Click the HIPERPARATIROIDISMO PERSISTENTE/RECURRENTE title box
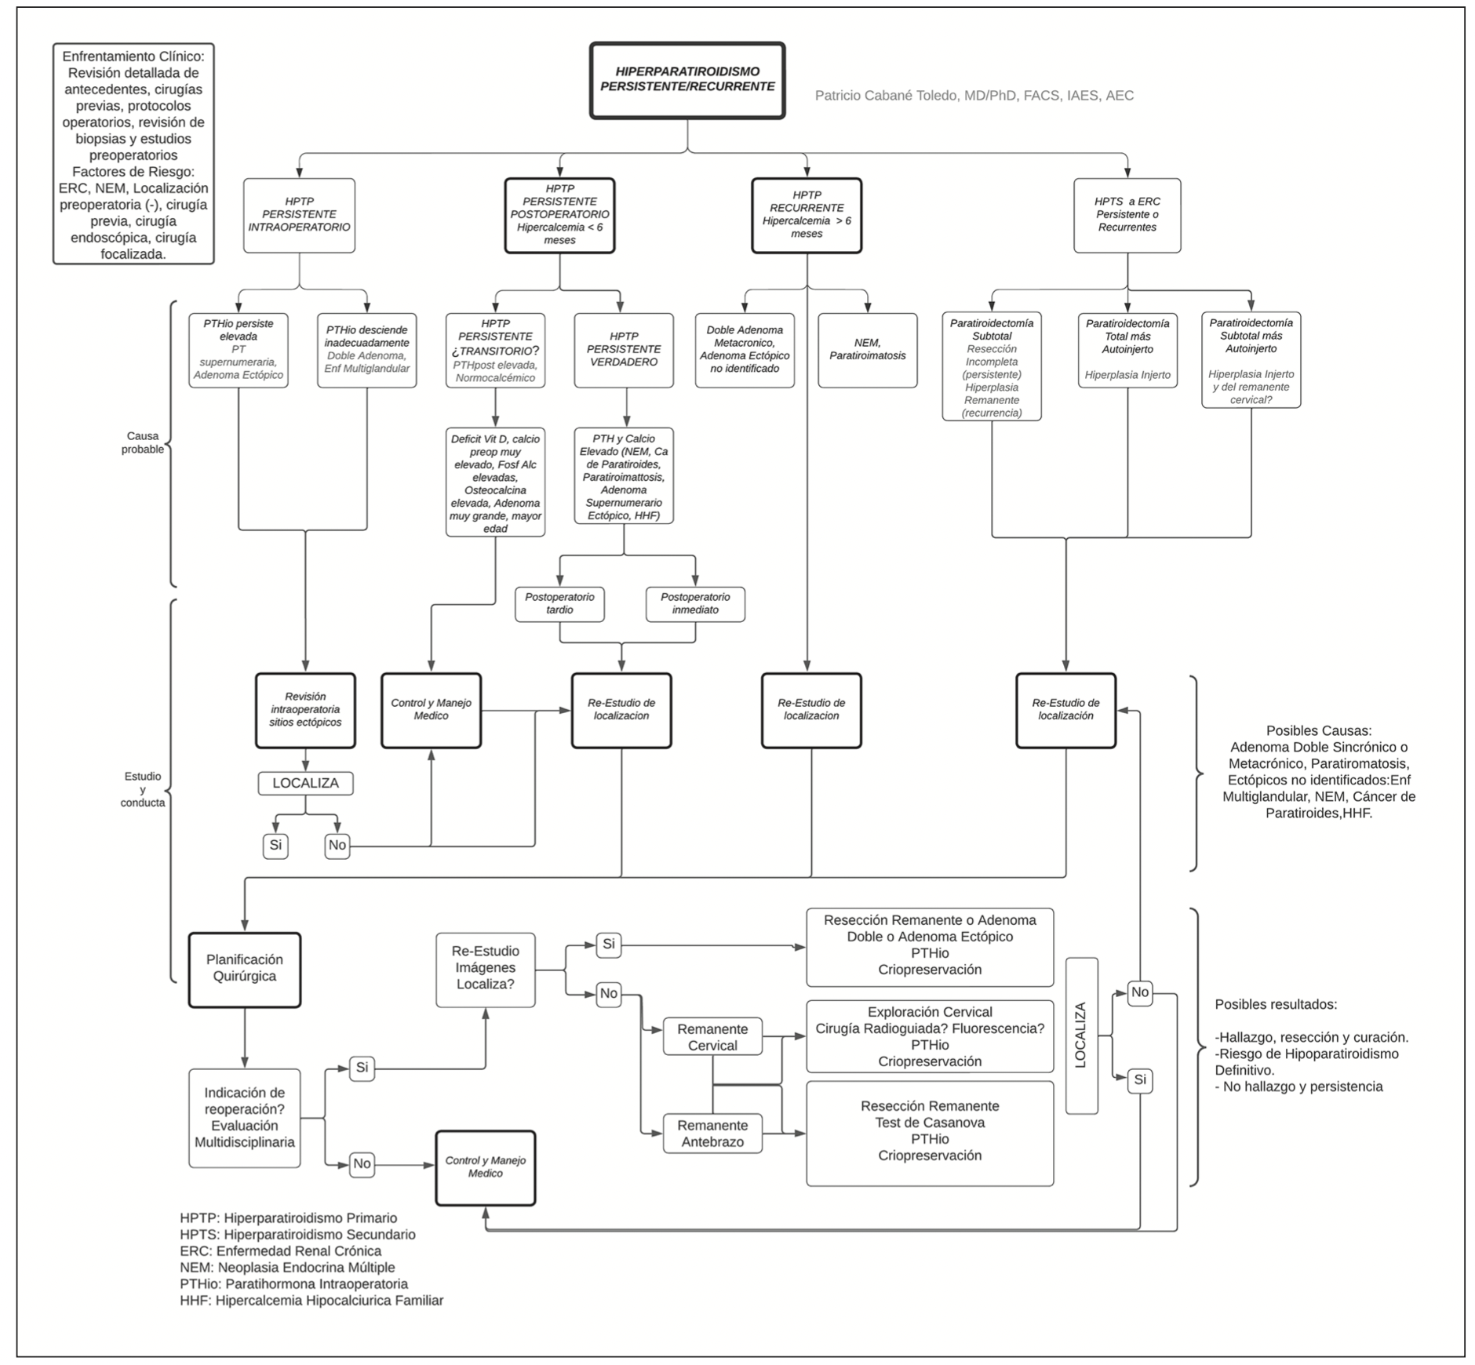click(687, 80)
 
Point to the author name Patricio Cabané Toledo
click(974, 96)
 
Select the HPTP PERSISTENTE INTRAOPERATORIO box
click(299, 215)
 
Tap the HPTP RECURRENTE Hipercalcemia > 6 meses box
click(807, 215)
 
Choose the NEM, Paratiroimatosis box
click(867, 350)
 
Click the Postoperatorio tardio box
click(559, 604)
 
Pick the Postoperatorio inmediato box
click(695, 604)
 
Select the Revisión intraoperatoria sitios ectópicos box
click(305, 710)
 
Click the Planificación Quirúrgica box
click(245, 969)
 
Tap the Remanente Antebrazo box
click(712, 1134)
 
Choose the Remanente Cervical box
click(712, 1037)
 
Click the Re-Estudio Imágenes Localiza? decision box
click(486, 969)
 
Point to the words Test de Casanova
click(930, 1123)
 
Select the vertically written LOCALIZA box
click(1081, 1036)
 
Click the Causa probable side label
click(143, 442)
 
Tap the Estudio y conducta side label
click(143, 789)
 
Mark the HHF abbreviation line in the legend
click(311, 1300)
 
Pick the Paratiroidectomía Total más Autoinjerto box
click(1127, 350)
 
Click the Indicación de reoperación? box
click(245, 1118)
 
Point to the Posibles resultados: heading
click(1276, 1004)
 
